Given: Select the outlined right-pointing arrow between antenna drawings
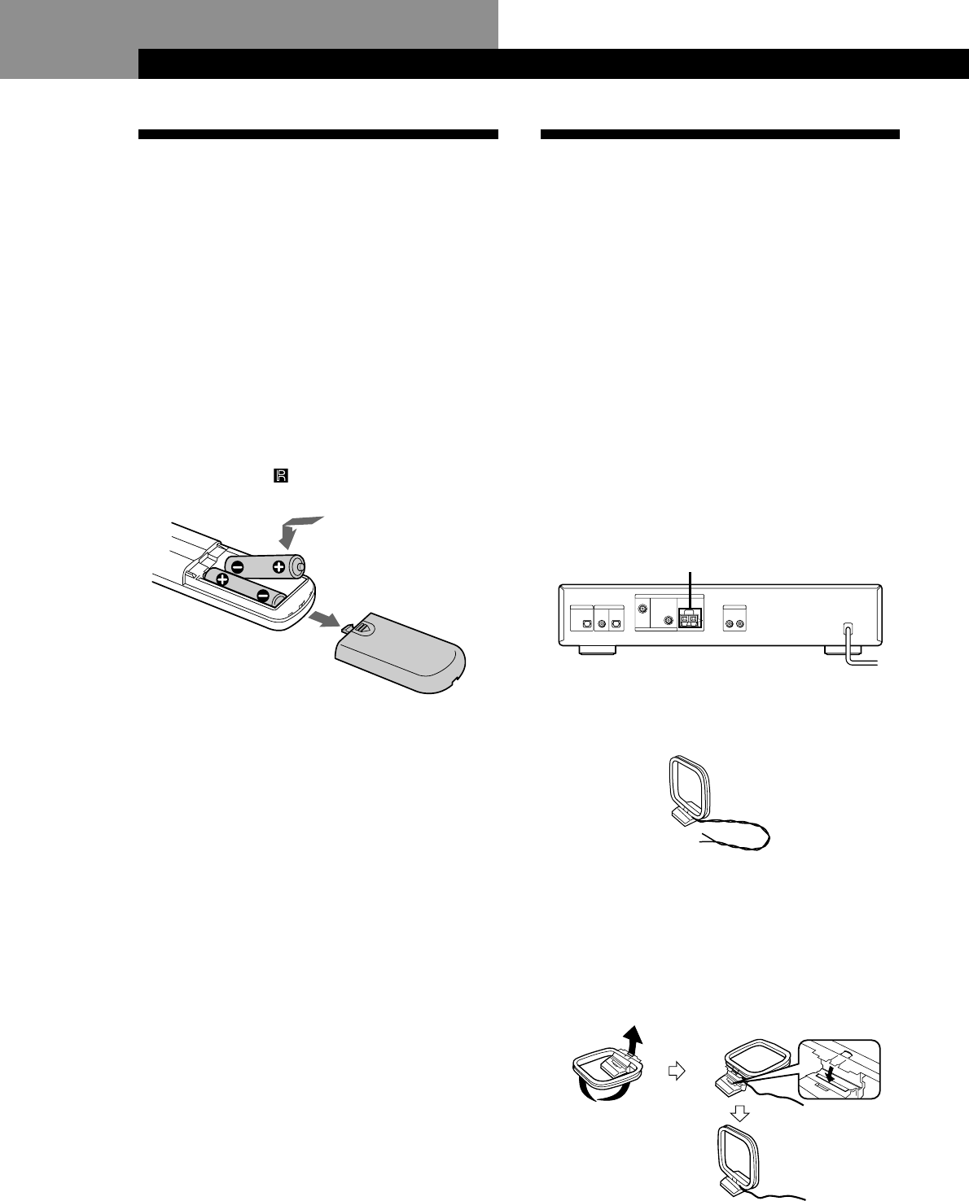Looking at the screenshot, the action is [673, 1072].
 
